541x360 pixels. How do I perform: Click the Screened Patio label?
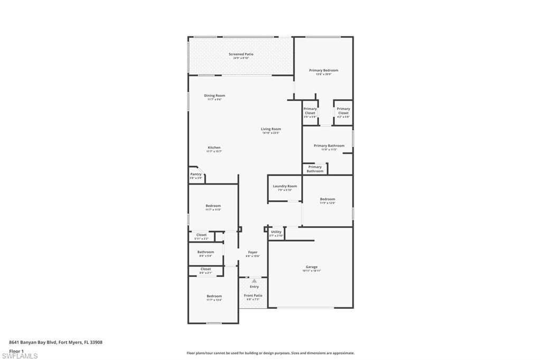[241, 54]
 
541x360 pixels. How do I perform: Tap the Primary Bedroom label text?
[323, 71]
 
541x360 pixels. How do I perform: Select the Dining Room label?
[214, 96]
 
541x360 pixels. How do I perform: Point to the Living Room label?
[270, 129]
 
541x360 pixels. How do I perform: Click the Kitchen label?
[214, 148]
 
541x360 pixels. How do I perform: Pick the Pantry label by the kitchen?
[195, 175]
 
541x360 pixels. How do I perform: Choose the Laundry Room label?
[285, 186]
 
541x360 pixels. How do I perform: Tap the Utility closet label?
[276, 232]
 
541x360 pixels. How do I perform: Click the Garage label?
[312, 268]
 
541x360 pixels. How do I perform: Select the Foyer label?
[253, 253]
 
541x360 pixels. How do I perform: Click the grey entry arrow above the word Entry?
[254, 281]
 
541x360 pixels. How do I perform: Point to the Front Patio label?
[253, 296]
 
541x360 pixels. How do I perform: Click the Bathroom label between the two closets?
[206, 252]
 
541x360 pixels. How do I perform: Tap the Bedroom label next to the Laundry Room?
[327, 200]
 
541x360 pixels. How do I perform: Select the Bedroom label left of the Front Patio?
[214, 297]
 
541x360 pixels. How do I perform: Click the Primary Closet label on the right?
[343, 111]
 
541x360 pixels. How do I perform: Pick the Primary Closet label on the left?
[310, 111]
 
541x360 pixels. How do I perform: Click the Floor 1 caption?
[16, 350]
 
